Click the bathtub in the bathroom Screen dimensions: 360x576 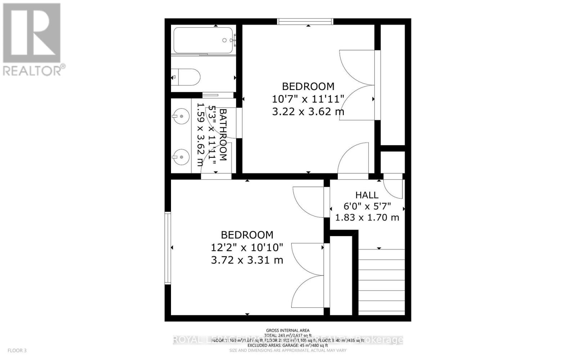[203, 41]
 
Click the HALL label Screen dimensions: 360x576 [367, 195]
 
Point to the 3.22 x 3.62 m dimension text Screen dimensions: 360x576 [308, 112]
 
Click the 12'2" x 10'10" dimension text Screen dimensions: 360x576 [247, 248]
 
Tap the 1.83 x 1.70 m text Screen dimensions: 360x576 [367, 217]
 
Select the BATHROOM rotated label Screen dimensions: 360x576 [223, 135]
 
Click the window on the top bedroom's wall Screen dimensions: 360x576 [305, 22]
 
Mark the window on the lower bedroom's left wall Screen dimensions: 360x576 [167, 248]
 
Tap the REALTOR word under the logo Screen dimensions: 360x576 [32, 71]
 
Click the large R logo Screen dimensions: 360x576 [32, 33]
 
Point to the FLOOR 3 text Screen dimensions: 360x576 [17, 350]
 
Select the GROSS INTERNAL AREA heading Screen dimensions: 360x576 [288, 330]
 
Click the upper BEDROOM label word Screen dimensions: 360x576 [308, 86]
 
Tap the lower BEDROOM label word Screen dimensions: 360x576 [247, 235]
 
